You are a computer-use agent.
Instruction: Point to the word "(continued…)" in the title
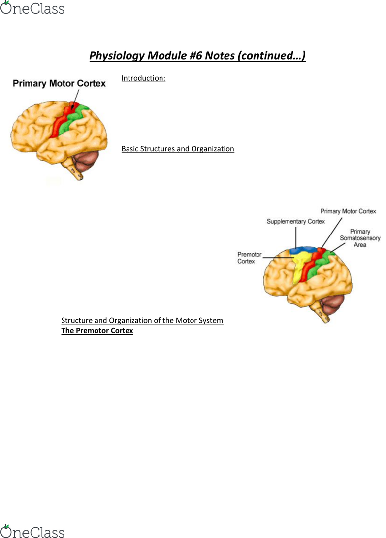271,56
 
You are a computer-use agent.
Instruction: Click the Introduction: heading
143,78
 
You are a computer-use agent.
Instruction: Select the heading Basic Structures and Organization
178,149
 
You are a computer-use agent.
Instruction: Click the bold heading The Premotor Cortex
97,331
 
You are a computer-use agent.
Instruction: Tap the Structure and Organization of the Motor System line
142,321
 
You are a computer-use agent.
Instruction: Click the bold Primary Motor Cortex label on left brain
59,83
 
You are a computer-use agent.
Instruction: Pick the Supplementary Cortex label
295,222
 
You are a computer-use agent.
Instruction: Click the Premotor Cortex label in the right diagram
250,258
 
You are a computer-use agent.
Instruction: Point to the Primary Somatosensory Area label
360,238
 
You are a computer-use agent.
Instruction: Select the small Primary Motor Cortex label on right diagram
348,211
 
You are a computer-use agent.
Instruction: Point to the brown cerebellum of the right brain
333,305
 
